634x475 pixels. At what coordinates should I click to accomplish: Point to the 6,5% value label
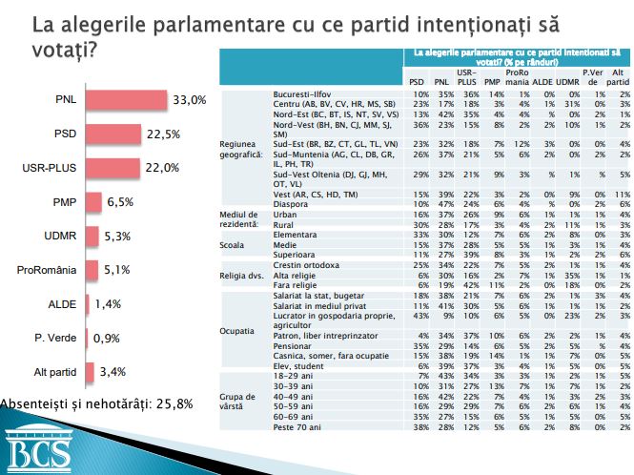122,202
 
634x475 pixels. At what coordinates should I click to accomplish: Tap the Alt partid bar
92,373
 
